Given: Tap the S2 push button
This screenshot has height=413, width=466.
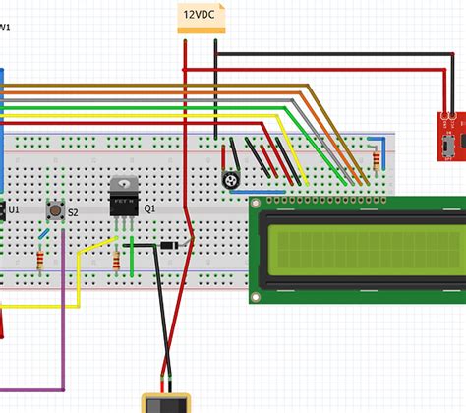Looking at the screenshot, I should (x=55, y=210).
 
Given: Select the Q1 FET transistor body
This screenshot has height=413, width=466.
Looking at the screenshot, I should (x=124, y=201).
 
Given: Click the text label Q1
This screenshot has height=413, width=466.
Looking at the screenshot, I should (x=150, y=209).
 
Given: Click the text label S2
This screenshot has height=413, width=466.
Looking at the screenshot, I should (x=74, y=210).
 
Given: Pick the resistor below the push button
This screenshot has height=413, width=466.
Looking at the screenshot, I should (x=39, y=261).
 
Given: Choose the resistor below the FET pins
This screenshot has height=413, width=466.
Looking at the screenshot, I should (x=117, y=261).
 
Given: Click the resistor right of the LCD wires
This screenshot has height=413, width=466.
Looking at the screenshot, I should (x=377, y=159).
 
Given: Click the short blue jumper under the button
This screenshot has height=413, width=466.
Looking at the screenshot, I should (x=43, y=234).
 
